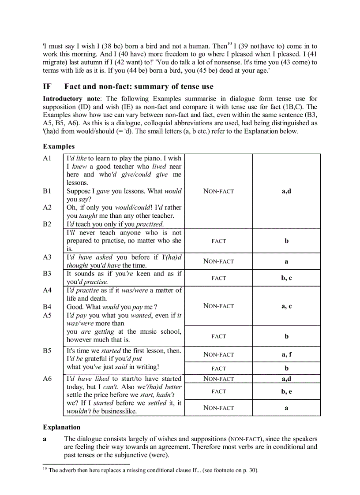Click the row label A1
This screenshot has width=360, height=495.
tap(47, 158)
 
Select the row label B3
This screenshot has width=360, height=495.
tap(47, 274)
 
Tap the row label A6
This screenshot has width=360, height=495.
tap(47, 379)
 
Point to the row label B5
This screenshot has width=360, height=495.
tap(47, 351)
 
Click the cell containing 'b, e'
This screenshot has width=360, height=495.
tap(286, 391)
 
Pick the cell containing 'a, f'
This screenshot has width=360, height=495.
tap(286, 354)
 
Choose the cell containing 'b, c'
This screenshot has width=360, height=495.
tap(286, 278)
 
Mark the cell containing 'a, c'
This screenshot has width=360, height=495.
tap(286, 306)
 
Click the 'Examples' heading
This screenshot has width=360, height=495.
tap(59, 146)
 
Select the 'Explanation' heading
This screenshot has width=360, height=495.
tap(62, 427)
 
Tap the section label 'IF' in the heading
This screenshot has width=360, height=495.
tap(47, 86)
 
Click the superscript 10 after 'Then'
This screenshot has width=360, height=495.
tap(229, 43)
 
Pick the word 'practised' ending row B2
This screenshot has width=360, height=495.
tap(149, 224)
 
